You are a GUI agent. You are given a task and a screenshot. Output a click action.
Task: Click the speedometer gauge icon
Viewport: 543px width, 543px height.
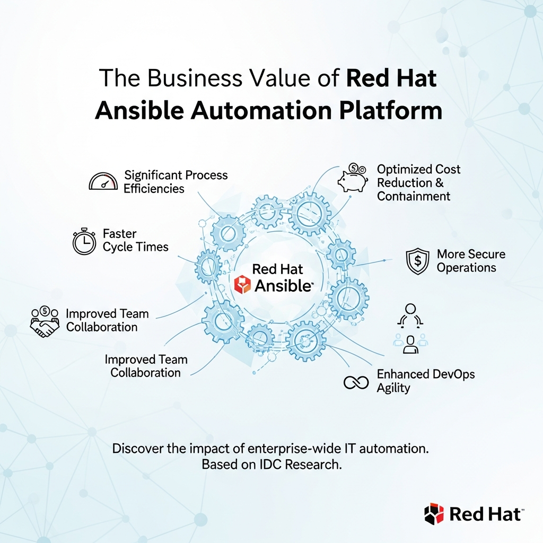103,182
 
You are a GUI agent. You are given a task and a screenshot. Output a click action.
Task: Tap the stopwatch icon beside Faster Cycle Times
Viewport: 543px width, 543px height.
84,241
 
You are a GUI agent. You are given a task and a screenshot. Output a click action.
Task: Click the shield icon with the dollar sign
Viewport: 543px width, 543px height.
417,261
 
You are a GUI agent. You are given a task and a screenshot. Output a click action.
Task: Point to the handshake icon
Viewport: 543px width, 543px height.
45,322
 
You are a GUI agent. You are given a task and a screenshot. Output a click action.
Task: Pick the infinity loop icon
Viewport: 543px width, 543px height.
356,382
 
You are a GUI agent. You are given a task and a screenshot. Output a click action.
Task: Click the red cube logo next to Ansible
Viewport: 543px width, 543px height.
242,285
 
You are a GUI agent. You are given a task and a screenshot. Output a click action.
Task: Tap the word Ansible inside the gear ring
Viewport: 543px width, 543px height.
283,286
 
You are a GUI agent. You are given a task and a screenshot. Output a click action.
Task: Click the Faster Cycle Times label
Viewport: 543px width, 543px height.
135,240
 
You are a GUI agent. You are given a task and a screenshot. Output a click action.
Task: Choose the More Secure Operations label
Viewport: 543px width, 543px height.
470,260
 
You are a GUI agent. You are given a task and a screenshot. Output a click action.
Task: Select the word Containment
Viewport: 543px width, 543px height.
414,196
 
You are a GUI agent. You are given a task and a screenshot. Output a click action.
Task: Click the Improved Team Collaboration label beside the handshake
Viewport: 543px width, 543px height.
107,320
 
